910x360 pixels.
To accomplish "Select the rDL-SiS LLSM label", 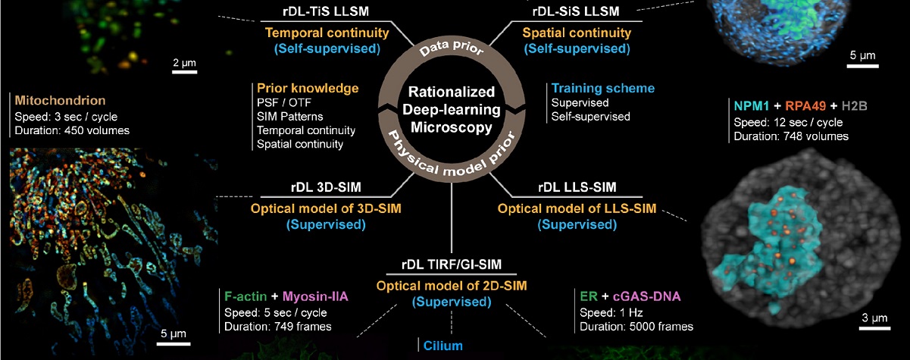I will coord(577,11).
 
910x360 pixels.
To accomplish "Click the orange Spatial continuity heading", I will coord(577,33).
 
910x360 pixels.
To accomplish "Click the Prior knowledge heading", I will coord(308,89).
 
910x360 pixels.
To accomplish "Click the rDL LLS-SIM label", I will coord(577,186).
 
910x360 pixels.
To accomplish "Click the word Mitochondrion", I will coord(60,100).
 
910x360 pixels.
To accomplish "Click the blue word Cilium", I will coord(444,347).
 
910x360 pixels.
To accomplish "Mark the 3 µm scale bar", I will coord(873,328).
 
